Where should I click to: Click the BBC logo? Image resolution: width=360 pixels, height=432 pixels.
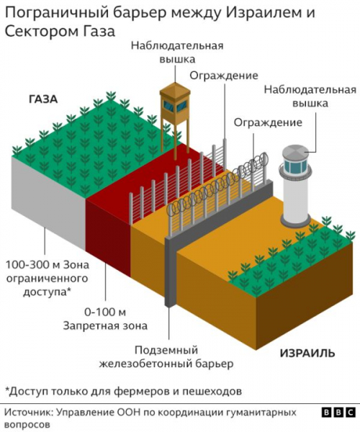[338, 413]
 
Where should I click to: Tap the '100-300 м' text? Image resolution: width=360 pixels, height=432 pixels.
[32, 264]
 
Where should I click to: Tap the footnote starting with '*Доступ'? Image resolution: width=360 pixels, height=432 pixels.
[122, 391]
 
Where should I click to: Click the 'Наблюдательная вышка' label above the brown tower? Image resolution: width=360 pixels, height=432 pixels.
[176, 52]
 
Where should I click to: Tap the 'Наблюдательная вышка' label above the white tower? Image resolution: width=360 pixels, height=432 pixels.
[310, 96]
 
